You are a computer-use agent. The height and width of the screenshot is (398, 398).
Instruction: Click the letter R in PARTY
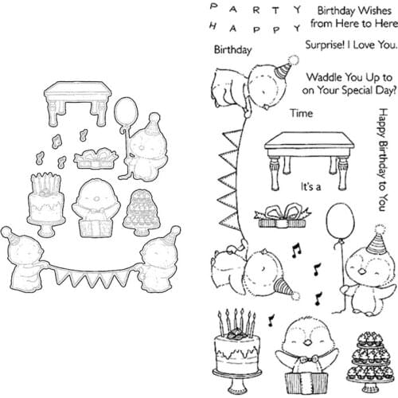pyautogui.click(x=252, y=10)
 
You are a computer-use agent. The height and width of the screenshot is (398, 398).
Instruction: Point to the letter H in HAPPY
pyautogui.click(x=216, y=27)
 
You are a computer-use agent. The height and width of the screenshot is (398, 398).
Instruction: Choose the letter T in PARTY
pyautogui.click(x=274, y=10)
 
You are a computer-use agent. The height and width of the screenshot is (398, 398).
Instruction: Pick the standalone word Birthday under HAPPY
pyautogui.click(x=232, y=49)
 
